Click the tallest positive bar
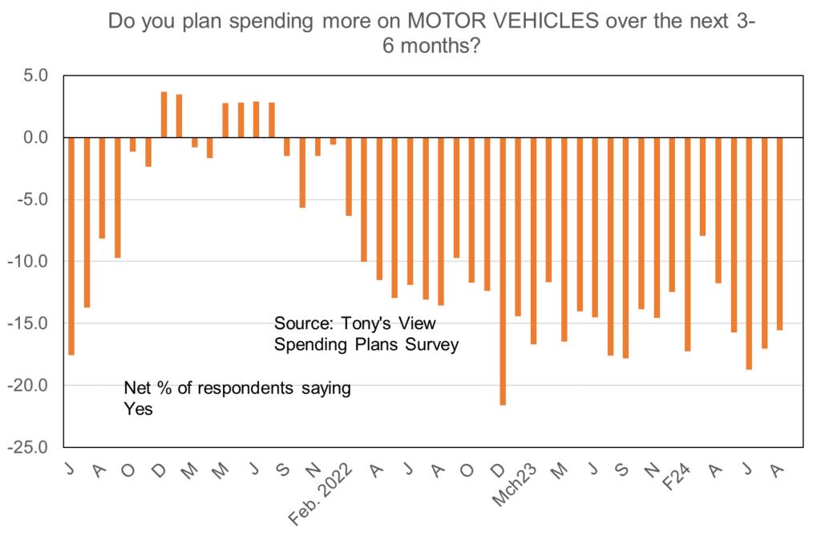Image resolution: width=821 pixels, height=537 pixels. pyautogui.click(x=164, y=115)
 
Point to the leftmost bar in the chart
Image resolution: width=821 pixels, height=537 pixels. pyautogui.click(x=71, y=246)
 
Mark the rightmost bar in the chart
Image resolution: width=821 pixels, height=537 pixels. pyautogui.click(x=779, y=234)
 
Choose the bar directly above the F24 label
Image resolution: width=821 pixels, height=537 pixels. pyautogui.click(x=687, y=244)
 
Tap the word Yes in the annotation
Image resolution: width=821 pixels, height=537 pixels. pyautogui.click(x=138, y=409)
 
